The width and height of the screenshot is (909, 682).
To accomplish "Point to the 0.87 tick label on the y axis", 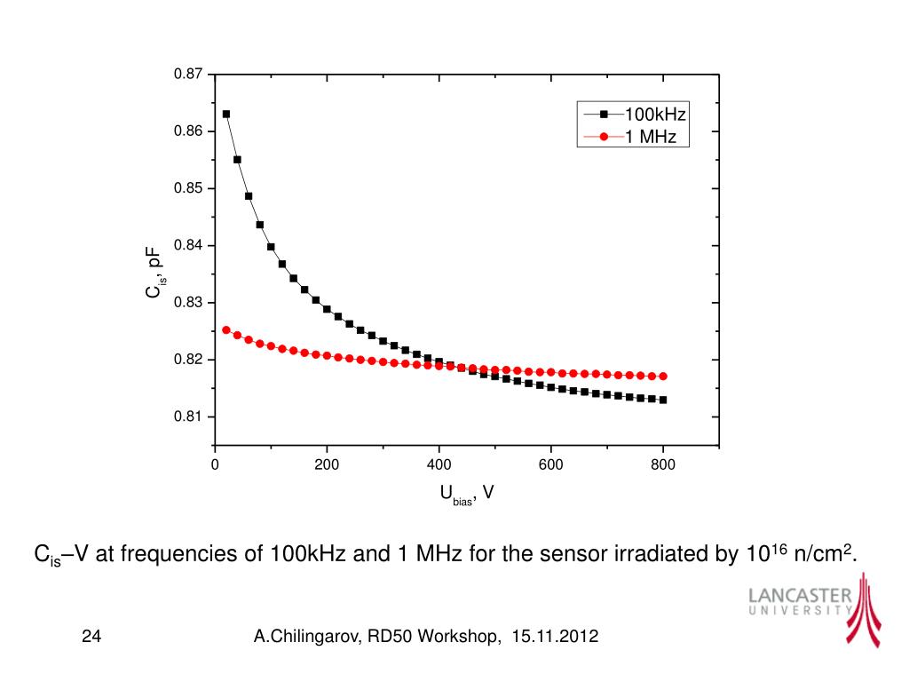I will pyautogui.click(x=189, y=74).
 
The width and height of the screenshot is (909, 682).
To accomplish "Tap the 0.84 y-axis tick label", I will pyautogui.click(x=189, y=246).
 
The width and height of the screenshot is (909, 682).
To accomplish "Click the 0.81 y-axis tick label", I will pyautogui.click(x=189, y=417).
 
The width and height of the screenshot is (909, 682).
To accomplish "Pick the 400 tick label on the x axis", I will pyautogui.click(x=439, y=464).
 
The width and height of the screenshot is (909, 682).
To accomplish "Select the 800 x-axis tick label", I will pyautogui.click(x=663, y=464).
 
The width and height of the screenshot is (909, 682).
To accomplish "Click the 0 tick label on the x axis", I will pyautogui.click(x=215, y=464).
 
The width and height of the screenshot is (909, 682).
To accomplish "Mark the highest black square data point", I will pyautogui.click(x=226, y=114).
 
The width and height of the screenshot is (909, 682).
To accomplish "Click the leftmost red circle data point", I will pyautogui.click(x=226, y=329).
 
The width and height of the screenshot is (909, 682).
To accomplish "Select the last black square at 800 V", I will pyautogui.click(x=663, y=400).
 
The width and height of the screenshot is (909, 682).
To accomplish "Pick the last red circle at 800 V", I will pyautogui.click(x=663, y=377).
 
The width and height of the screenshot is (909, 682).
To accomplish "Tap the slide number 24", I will pyautogui.click(x=91, y=637).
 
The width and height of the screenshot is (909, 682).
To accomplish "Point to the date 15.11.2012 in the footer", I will pyautogui.click(x=555, y=637).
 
